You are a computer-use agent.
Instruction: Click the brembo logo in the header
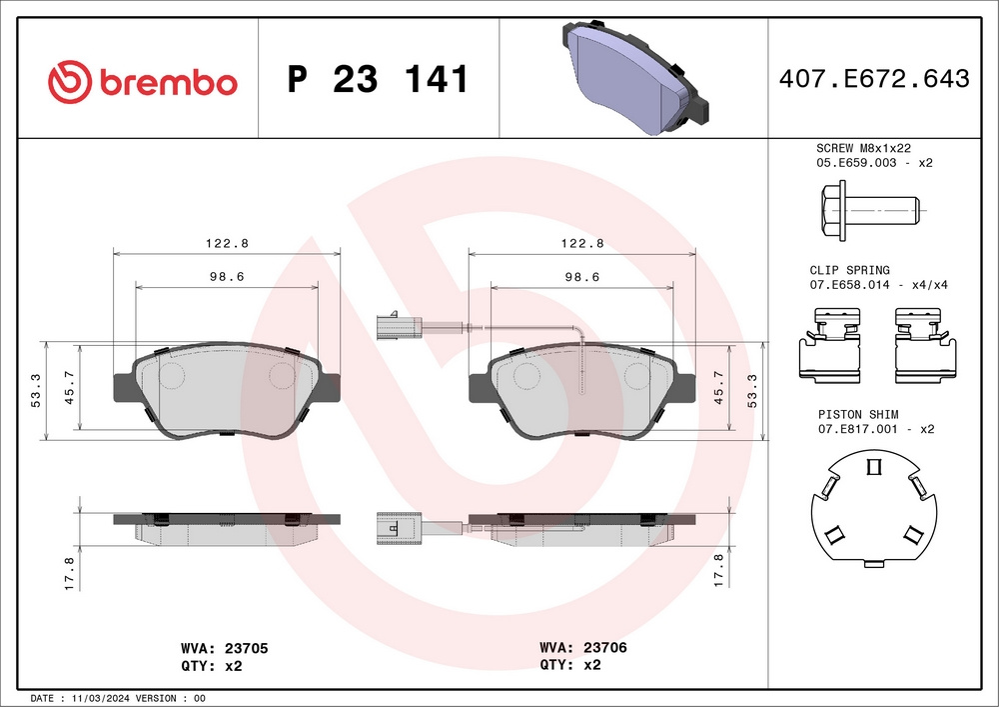coord(143,81)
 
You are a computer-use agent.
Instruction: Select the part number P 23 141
coord(378,80)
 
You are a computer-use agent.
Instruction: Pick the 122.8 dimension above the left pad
coord(226,243)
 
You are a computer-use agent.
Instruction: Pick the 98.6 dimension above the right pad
coord(581,277)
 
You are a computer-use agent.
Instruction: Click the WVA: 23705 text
coord(224,648)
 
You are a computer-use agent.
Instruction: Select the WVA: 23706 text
coord(583,648)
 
